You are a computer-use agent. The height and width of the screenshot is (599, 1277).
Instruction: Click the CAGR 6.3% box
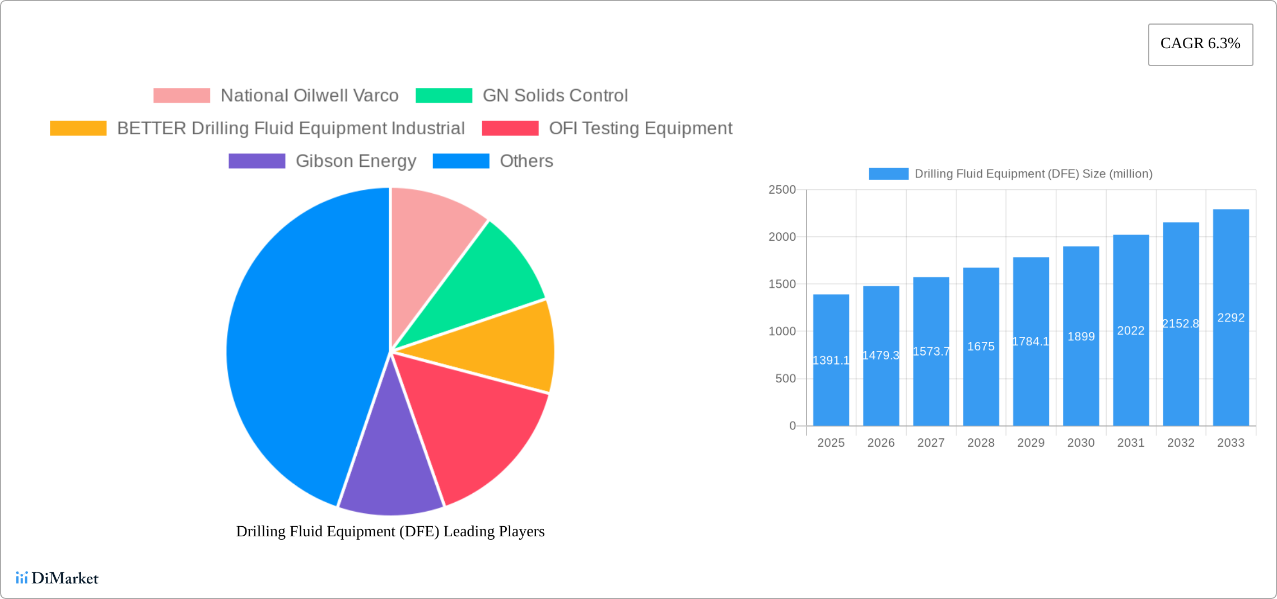pos(1200,44)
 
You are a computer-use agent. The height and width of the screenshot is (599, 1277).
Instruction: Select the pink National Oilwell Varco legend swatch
pos(181,96)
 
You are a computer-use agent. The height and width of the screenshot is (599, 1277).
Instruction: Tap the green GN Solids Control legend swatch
pos(444,96)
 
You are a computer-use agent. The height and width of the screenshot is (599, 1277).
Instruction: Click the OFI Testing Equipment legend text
pos(640,128)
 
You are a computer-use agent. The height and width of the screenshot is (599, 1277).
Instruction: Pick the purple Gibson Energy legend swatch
pos(257,161)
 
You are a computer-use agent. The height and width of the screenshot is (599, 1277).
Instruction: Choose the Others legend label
pos(526,161)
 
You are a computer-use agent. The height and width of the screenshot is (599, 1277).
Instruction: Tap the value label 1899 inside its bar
pos(1081,336)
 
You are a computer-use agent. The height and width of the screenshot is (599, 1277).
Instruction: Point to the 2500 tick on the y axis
pos(782,190)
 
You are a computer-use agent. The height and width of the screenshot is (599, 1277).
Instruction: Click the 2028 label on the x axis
pos(981,443)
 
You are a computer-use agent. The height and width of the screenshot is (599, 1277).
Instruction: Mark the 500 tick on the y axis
pos(785,379)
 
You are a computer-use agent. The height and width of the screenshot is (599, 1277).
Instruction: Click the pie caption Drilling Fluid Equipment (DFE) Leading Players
pos(390,531)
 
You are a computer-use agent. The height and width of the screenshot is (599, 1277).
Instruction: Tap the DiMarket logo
pos(57,578)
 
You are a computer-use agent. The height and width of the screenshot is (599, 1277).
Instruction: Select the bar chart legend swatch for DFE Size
pos(888,174)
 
